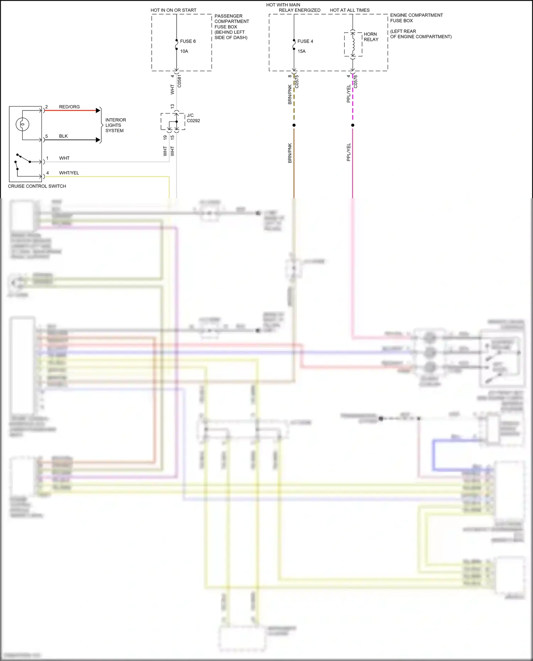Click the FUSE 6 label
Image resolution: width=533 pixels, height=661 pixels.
click(x=188, y=41)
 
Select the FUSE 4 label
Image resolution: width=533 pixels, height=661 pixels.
click(x=305, y=41)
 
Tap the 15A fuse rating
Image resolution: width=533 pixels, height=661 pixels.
click(x=301, y=51)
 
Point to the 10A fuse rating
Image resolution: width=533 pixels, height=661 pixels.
click(x=184, y=51)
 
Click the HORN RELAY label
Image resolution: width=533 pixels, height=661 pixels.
click(x=371, y=37)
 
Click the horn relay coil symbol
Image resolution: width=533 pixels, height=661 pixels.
click(x=353, y=44)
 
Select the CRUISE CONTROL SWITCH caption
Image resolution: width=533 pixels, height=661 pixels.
click(x=37, y=186)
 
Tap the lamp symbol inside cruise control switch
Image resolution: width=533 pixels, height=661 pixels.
click(x=22, y=124)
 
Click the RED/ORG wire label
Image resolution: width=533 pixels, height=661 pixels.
click(x=69, y=107)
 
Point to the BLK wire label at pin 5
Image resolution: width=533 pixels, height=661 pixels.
click(x=63, y=136)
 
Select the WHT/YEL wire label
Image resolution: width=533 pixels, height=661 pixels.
click(x=69, y=173)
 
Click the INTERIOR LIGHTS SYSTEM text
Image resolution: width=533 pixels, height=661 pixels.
click(x=115, y=125)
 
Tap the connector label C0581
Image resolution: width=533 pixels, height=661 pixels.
click(x=179, y=81)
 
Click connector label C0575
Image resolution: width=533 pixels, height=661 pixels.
click(x=297, y=82)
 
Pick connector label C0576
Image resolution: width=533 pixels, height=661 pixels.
click(x=355, y=82)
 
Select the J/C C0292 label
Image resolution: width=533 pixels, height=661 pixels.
click(x=193, y=118)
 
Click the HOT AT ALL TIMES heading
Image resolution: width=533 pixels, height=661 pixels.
click(x=350, y=10)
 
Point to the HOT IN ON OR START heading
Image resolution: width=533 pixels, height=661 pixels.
click(x=173, y=10)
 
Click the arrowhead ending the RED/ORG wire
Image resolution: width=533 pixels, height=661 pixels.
click(x=98, y=110)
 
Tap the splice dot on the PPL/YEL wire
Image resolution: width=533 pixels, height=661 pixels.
click(x=352, y=125)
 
